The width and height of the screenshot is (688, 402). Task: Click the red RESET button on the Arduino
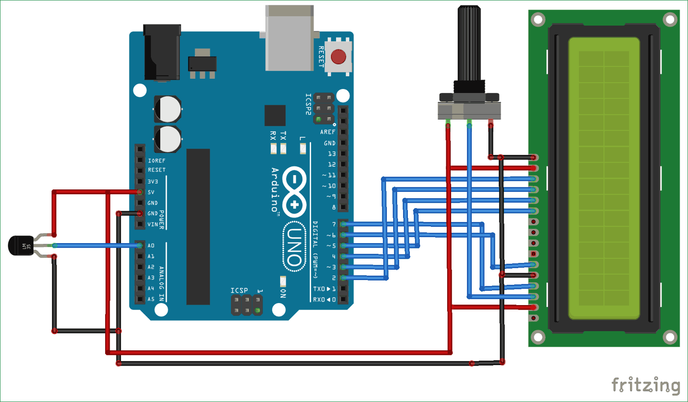[x=338, y=57]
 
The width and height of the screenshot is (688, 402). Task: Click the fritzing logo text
[x=646, y=384]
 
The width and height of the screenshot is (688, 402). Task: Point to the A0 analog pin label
[x=151, y=246]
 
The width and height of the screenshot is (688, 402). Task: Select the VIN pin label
[x=153, y=224]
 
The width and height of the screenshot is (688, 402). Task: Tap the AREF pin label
[x=328, y=132]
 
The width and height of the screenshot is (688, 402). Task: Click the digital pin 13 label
[x=332, y=154]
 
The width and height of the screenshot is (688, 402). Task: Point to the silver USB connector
[x=288, y=39]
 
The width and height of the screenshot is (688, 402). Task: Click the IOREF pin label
[x=156, y=160]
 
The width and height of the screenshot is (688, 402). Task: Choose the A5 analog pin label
[x=151, y=299]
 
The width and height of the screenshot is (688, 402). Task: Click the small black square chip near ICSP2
[x=275, y=116]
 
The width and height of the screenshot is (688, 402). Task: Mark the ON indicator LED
[x=283, y=281]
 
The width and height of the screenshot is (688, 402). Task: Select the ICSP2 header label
[x=308, y=104]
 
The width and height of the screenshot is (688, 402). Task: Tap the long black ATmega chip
[x=198, y=226]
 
